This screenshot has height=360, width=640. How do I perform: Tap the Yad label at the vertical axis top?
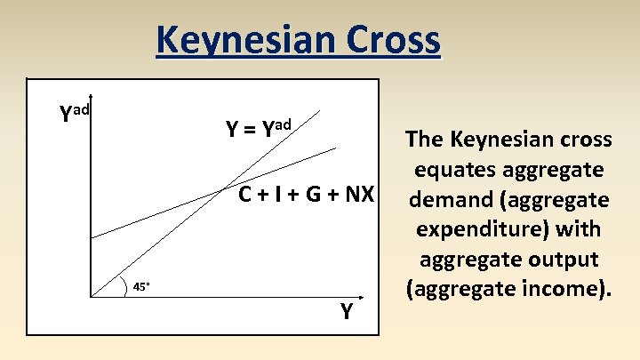coord(75,113)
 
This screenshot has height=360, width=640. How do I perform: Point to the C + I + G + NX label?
coord(306,194)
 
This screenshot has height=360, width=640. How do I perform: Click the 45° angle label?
coord(142,286)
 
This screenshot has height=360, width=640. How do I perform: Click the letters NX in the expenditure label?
coord(357,194)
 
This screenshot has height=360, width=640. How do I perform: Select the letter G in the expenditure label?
coord(310,194)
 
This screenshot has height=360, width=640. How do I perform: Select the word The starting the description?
coord(424,139)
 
